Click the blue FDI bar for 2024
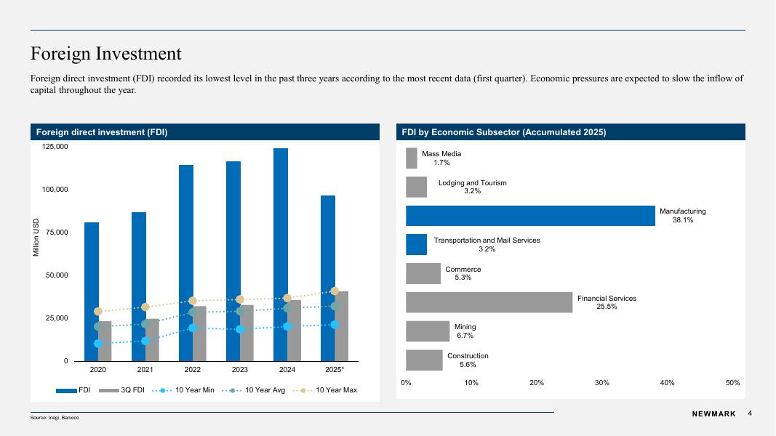point(280,218)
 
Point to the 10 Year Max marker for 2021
point(145,307)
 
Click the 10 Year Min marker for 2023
point(240,329)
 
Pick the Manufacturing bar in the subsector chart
point(530,216)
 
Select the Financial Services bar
point(489,302)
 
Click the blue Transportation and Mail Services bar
point(416,245)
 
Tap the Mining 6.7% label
point(465,331)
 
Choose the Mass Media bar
point(411,158)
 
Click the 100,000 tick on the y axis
point(52,190)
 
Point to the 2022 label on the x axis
point(193,369)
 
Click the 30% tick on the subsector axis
point(602,383)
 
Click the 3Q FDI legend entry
point(123,391)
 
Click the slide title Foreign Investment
point(105,54)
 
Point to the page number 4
point(750,413)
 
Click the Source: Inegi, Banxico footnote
point(55,418)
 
